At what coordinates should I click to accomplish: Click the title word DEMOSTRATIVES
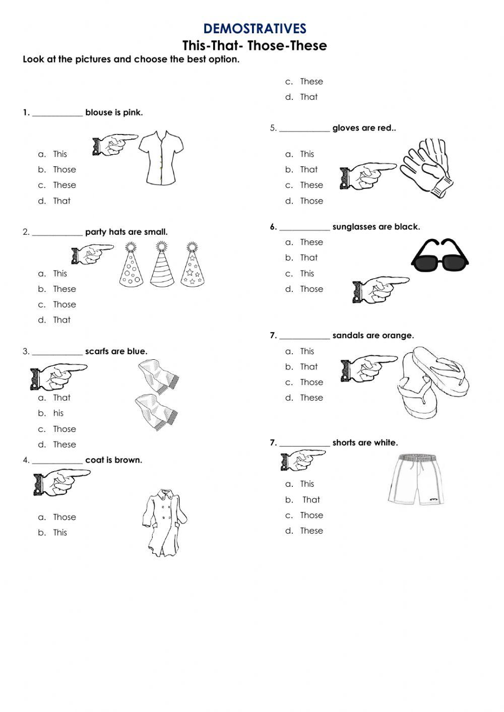point(255,28)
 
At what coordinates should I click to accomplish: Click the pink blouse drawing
point(161,157)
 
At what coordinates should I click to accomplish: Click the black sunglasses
point(440,255)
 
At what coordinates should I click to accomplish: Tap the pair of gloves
point(427,167)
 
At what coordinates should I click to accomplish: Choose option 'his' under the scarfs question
point(58,413)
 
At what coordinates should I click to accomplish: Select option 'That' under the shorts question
point(311,500)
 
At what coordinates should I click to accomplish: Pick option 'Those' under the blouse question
point(65,170)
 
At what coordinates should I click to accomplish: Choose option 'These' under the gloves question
point(311,185)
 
